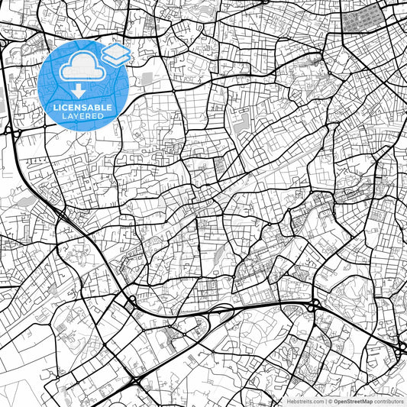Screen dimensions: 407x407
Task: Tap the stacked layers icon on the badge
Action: tap(116, 54)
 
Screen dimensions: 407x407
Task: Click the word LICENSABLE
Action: tap(82, 108)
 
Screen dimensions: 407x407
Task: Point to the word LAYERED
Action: tap(82, 117)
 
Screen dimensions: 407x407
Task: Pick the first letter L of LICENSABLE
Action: tap(55, 108)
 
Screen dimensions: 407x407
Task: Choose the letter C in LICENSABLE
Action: tap(64, 108)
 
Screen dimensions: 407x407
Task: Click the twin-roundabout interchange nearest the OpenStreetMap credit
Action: tap(402, 348)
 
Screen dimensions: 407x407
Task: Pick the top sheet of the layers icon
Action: tap(116, 50)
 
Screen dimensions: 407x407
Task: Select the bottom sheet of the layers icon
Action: tap(116, 59)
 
